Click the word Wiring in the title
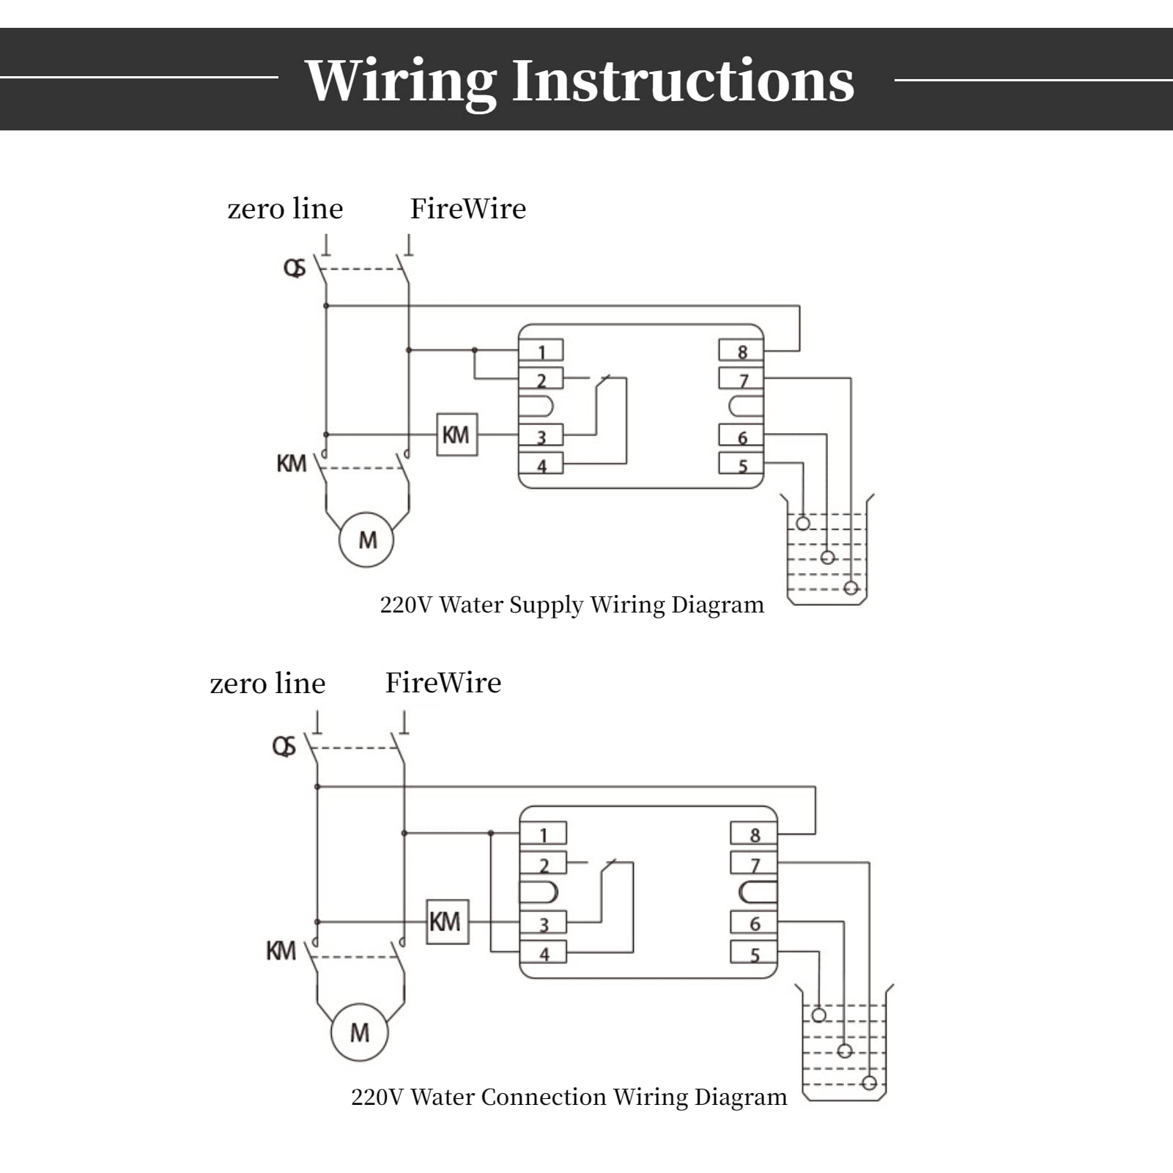pos(400,81)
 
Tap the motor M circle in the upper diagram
pos(366,540)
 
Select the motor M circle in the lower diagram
pos(359,1032)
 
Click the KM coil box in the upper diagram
pos(456,434)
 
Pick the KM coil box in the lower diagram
pos(447,922)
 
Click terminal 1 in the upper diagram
pos(541,351)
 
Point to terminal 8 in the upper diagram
pos(741,352)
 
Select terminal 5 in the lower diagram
pos(754,953)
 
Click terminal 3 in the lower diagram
pos(543,923)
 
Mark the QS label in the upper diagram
pos(295,268)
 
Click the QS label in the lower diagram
pos(284,747)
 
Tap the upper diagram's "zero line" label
pos(285,209)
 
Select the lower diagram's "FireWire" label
pos(443,683)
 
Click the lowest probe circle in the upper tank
pos(851,588)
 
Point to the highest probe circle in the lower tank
pos(819,1015)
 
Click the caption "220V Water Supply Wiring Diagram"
pos(571,605)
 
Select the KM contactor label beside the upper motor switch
pos(291,463)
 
